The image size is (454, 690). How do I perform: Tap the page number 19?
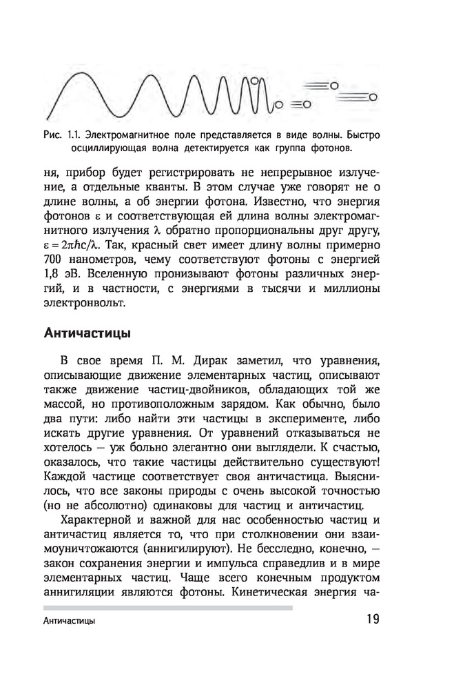tap(372, 620)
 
